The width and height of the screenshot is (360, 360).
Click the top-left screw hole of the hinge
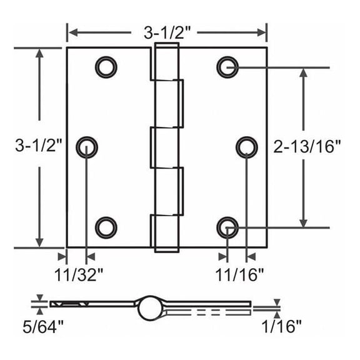(106, 66)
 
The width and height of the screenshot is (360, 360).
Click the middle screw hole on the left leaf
(87, 147)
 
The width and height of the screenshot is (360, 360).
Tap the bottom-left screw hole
(106, 227)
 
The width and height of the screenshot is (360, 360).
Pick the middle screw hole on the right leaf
(247, 147)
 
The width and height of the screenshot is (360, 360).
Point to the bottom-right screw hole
(227, 227)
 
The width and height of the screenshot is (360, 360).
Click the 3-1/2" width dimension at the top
(167, 31)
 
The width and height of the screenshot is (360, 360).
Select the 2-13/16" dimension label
(307, 147)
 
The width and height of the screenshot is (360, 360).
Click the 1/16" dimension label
(282, 324)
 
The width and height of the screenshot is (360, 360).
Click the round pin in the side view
(149, 306)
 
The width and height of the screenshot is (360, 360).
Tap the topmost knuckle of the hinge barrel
(161, 65)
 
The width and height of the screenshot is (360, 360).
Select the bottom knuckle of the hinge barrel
(161, 232)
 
